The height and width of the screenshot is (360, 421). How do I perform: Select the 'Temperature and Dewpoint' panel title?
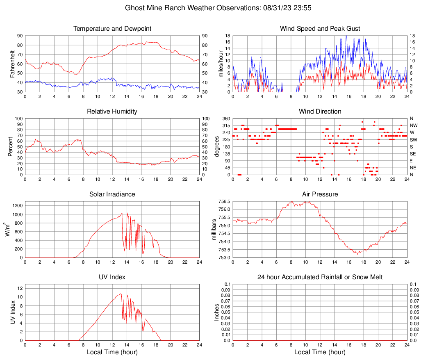point(112,29)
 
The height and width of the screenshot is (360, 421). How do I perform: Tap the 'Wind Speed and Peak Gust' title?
point(320,29)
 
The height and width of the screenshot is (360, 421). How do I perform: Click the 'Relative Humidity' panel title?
point(112,112)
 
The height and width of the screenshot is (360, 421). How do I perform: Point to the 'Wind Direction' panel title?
point(320,112)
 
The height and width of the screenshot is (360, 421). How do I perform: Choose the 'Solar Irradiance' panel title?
point(112,194)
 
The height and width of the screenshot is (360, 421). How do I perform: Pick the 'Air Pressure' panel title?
point(320,194)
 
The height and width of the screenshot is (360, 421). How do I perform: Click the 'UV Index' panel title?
point(112,277)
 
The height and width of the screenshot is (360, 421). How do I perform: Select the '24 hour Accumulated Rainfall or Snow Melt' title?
point(320,277)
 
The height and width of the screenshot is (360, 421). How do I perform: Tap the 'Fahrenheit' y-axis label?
point(12,64)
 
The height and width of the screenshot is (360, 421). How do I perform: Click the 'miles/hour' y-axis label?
point(221,64)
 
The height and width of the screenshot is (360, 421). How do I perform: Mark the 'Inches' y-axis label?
point(217,312)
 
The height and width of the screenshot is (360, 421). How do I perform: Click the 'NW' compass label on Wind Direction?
point(413,125)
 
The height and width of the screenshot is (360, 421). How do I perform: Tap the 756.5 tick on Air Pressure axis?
point(224,202)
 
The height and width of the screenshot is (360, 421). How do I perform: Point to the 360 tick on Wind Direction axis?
point(225,118)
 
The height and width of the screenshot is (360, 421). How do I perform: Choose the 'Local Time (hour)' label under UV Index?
point(112,352)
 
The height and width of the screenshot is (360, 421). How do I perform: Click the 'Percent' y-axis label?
point(10,146)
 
